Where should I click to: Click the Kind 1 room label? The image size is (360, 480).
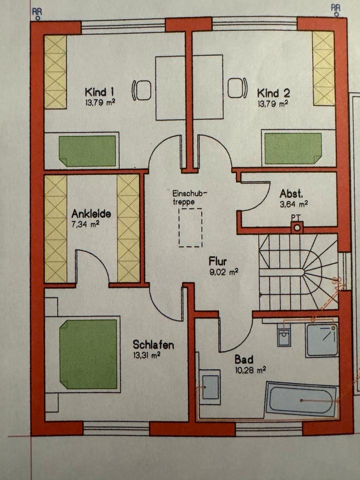100,92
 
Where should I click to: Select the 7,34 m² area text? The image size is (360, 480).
85,223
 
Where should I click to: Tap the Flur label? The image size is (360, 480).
218,261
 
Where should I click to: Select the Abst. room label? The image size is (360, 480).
289,193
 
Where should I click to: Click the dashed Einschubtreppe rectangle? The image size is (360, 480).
190,227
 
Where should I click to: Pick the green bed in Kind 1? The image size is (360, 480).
87,151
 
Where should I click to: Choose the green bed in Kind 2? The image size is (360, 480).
292,148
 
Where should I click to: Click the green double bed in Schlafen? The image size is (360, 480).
88,354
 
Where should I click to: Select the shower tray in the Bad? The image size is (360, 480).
322,339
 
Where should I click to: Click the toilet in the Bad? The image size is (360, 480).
284,336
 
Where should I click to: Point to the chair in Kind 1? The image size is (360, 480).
142,90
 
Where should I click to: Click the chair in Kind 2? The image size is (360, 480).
237,88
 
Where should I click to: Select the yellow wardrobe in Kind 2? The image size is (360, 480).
323,68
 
